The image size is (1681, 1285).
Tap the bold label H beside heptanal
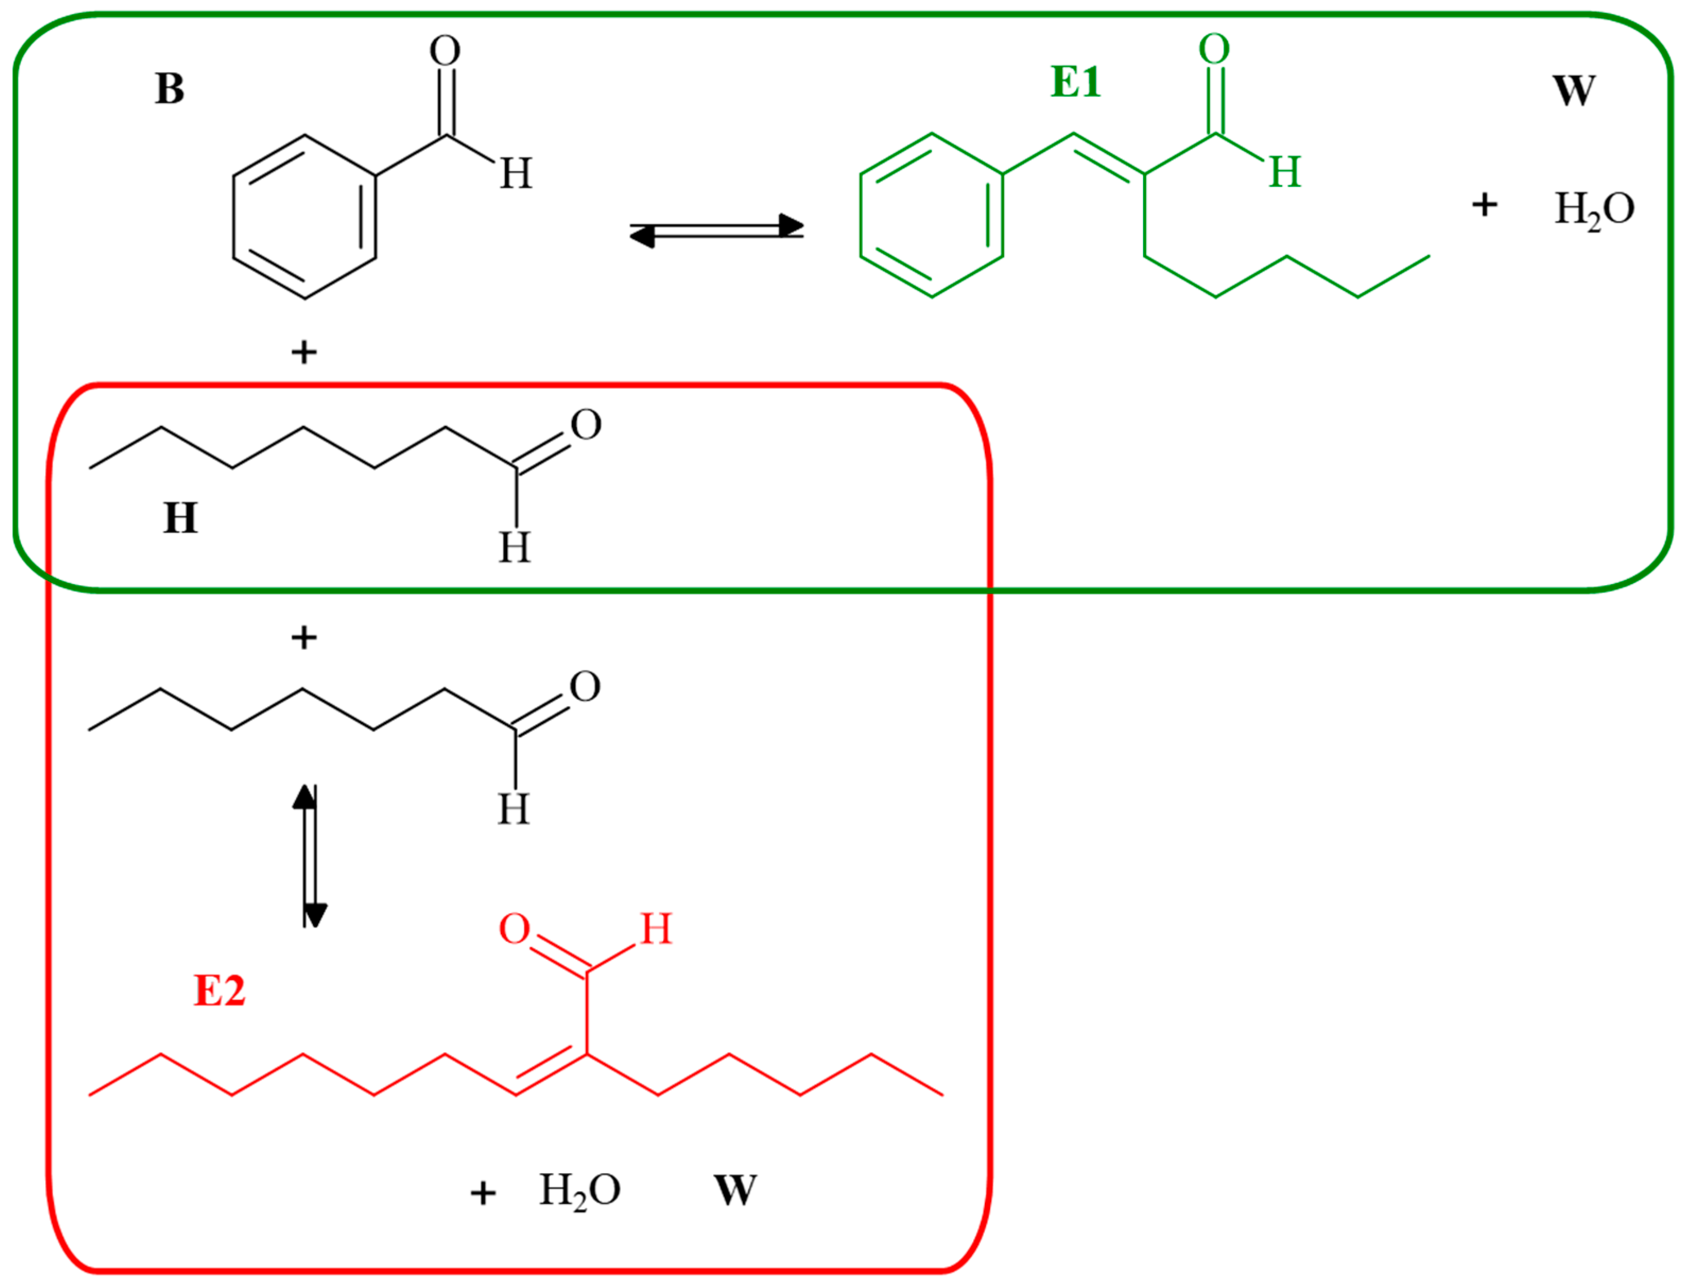[180, 518]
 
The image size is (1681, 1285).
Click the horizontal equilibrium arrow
[716, 229]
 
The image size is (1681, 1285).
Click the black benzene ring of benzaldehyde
[305, 217]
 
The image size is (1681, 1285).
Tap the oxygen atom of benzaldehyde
[444, 51]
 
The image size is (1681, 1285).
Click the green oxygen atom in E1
[1214, 50]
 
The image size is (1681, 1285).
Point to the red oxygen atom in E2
[514, 930]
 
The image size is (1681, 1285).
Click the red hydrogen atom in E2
[655, 930]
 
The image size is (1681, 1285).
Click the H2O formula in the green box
[1594, 209]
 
